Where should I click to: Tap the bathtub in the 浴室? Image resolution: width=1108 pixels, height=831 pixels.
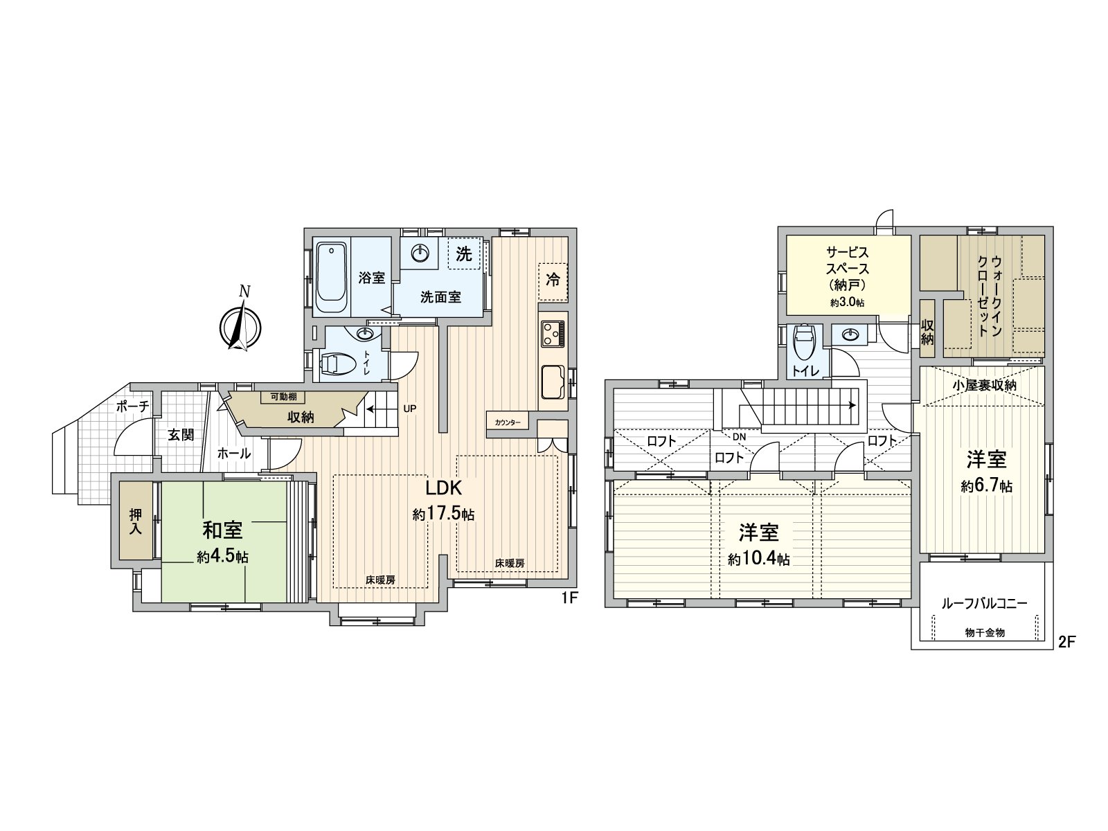[330, 277]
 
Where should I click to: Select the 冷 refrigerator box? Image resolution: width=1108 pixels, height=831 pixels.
[553, 280]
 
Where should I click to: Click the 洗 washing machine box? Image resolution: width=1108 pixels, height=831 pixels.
[463, 255]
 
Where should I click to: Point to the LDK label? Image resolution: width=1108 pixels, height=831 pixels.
[443, 488]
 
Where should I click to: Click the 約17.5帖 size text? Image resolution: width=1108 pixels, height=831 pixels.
[443, 515]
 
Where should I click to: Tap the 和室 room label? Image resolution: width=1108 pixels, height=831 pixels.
[222, 531]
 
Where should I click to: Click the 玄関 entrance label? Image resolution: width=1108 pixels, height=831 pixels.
[180, 435]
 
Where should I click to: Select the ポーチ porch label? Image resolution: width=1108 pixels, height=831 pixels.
[132, 406]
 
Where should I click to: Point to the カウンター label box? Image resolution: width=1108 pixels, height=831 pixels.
[508, 422]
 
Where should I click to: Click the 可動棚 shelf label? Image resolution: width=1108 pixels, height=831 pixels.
[282, 397]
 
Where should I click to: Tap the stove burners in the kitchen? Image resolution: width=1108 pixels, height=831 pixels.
[553, 333]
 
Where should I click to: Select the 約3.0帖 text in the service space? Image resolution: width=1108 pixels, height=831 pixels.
[848, 303]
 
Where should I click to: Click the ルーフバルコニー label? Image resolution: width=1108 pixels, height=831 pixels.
[983, 603]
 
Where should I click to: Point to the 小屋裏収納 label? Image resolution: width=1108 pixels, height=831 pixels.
[983, 385]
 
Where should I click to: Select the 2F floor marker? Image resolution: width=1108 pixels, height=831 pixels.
[1066, 642]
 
